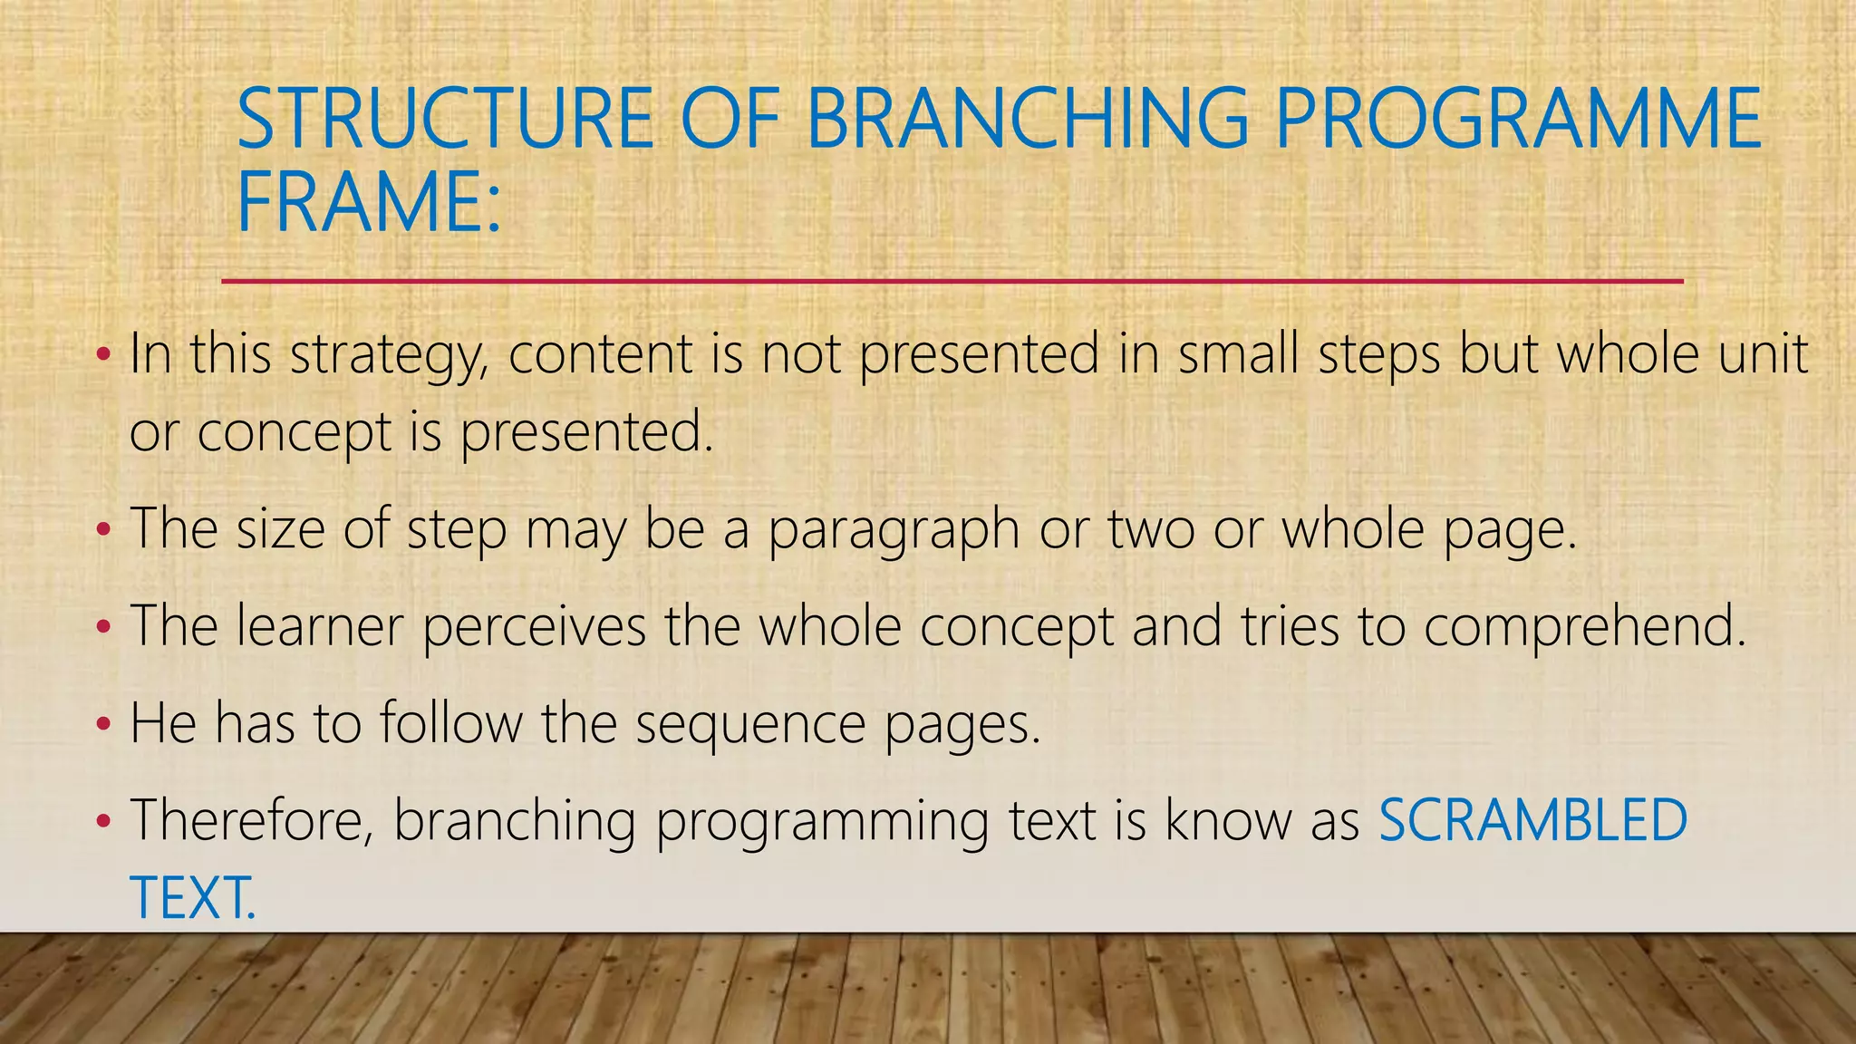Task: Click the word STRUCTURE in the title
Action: [x=444, y=119]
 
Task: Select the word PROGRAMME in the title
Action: [x=1518, y=119]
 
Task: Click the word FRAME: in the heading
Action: [x=368, y=203]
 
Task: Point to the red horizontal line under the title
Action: [x=952, y=282]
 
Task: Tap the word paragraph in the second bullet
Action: [x=894, y=529]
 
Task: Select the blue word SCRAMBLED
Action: [x=1532, y=820]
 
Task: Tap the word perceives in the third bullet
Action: [x=534, y=627]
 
